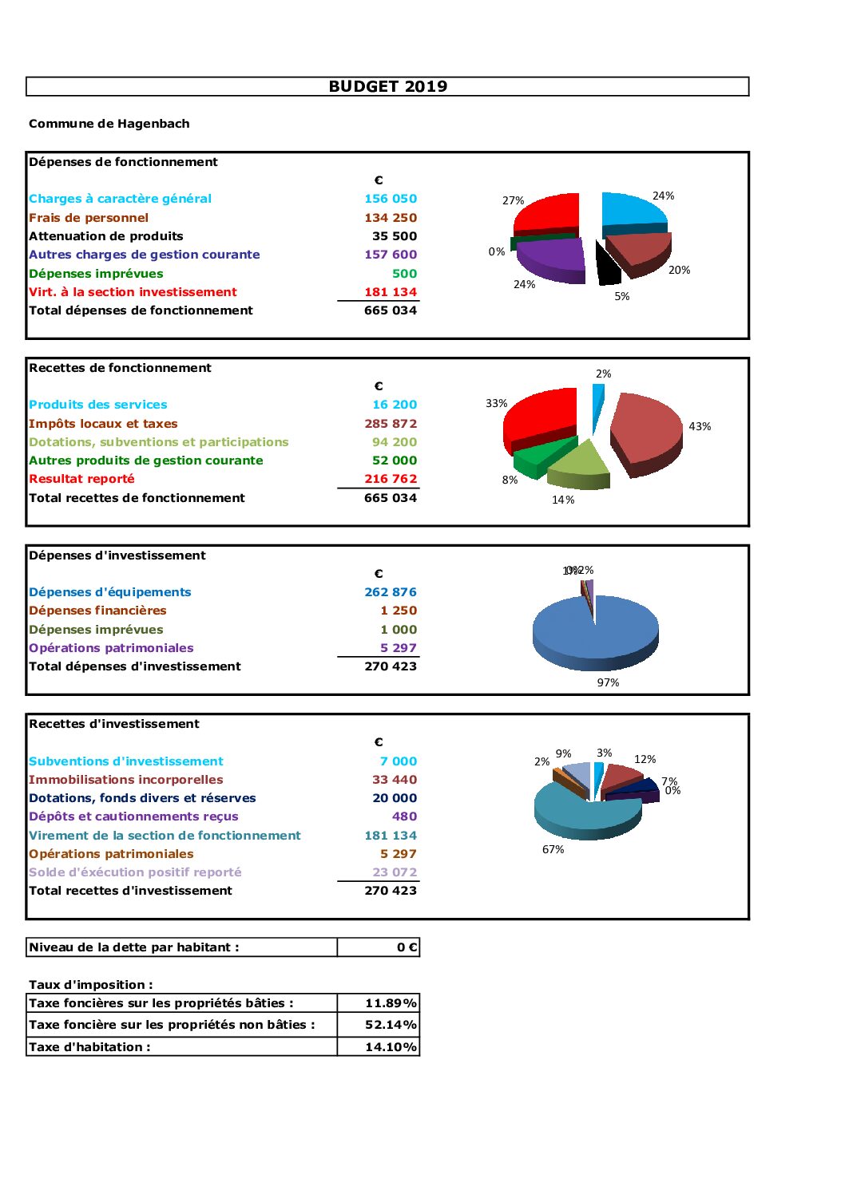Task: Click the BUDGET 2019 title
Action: (x=387, y=86)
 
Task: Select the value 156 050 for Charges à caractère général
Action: (x=391, y=199)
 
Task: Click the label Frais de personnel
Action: (x=89, y=218)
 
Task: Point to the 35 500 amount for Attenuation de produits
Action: (x=394, y=236)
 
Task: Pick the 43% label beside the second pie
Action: (x=700, y=427)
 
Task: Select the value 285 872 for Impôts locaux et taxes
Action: (x=391, y=424)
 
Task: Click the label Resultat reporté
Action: (x=81, y=479)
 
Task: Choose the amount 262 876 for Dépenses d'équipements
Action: (x=391, y=592)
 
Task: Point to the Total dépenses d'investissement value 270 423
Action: (x=391, y=666)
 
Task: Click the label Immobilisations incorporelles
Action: (x=126, y=780)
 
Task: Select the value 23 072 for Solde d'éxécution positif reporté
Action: (x=395, y=872)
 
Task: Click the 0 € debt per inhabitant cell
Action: (x=379, y=947)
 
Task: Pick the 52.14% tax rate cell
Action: (x=379, y=1025)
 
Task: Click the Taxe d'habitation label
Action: (x=89, y=1047)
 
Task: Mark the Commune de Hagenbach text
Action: (x=109, y=124)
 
